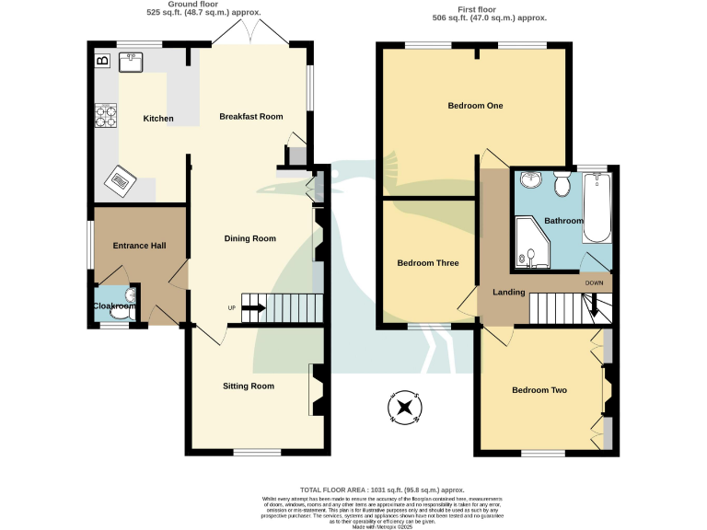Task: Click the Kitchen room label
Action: coord(158,119)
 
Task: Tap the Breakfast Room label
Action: coord(250,117)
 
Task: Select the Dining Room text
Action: coord(250,238)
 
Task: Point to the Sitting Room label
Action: coord(249,386)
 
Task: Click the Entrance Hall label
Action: coord(138,246)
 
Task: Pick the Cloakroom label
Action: coord(113,306)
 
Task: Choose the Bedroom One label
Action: coord(475,106)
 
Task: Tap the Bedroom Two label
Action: coord(539,390)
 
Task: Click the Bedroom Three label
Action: coord(427,263)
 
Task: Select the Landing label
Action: coord(509,293)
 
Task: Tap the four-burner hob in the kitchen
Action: coord(106,117)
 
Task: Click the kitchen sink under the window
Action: coord(133,63)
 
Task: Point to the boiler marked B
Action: coord(101,62)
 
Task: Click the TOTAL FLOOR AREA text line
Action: coord(381,490)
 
